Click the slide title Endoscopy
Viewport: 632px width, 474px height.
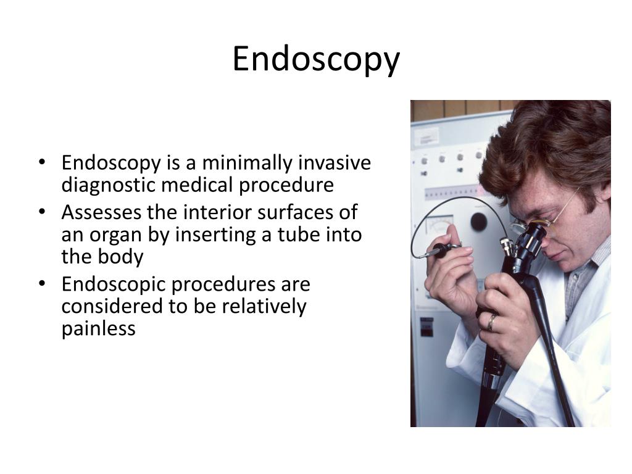click(x=316, y=60)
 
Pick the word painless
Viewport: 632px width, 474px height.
click(x=98, y=328)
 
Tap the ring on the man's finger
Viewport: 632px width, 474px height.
click(x=491, y=321)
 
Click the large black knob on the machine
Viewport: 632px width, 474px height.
click(x=479, y=221)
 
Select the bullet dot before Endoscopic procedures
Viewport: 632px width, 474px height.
click(x=42, y=285)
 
